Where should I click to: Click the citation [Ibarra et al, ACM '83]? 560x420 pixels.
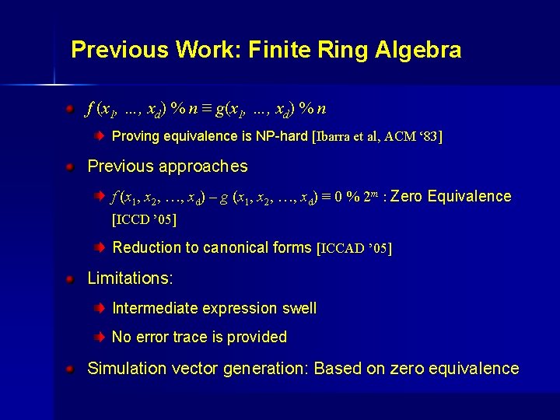coord(376,137)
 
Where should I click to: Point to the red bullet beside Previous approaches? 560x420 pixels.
coord(70,166)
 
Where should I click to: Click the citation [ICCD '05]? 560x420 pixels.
coord(145,219)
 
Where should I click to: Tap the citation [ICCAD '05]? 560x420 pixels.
coord(355,248)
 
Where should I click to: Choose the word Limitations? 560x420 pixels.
coord(130,278)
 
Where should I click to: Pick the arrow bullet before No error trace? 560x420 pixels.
coord(100,338)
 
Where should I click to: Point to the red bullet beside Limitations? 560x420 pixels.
coord(70,278)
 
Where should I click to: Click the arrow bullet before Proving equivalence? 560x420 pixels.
coord(100,136)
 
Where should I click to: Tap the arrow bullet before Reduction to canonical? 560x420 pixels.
coord(100,248)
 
